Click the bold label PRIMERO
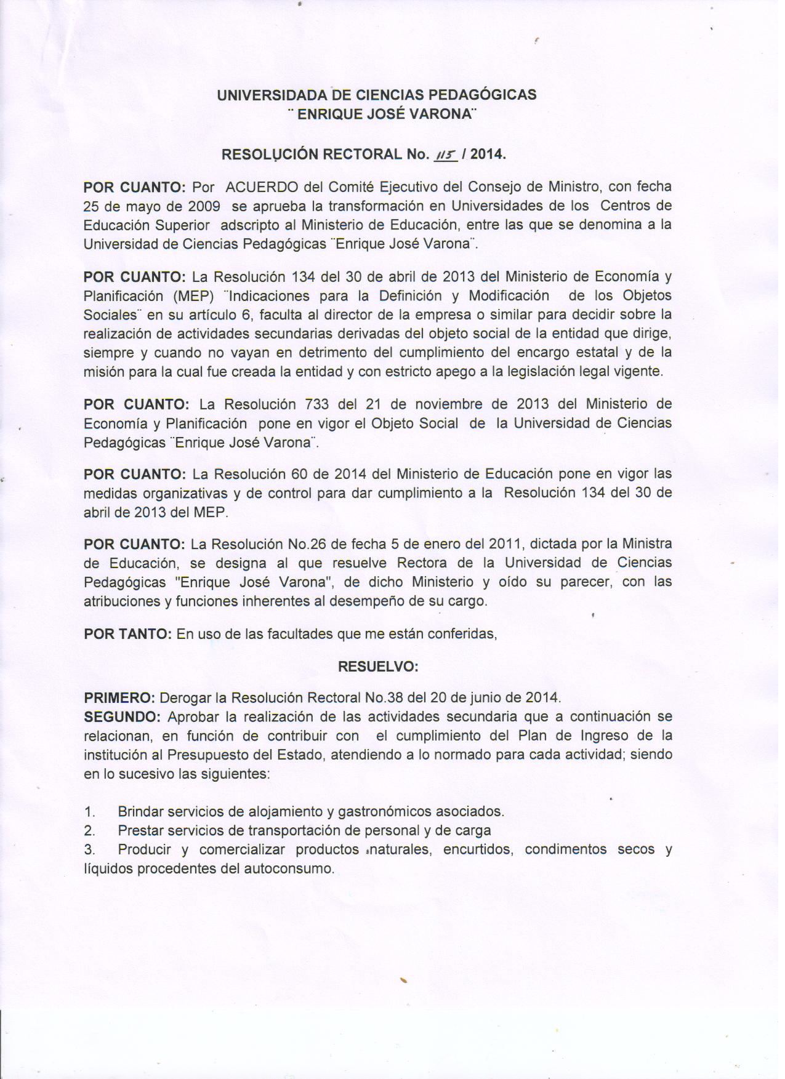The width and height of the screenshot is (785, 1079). (119, 698)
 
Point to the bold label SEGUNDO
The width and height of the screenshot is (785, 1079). (123, 717)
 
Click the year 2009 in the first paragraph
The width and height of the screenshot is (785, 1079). (204, 206)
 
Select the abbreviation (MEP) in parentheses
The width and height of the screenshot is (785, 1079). (193, 295)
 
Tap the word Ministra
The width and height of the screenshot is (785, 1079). (646, 544)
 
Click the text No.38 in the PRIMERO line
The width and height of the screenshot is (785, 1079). (384, 698)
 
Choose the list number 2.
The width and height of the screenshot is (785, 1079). (89, 831)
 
